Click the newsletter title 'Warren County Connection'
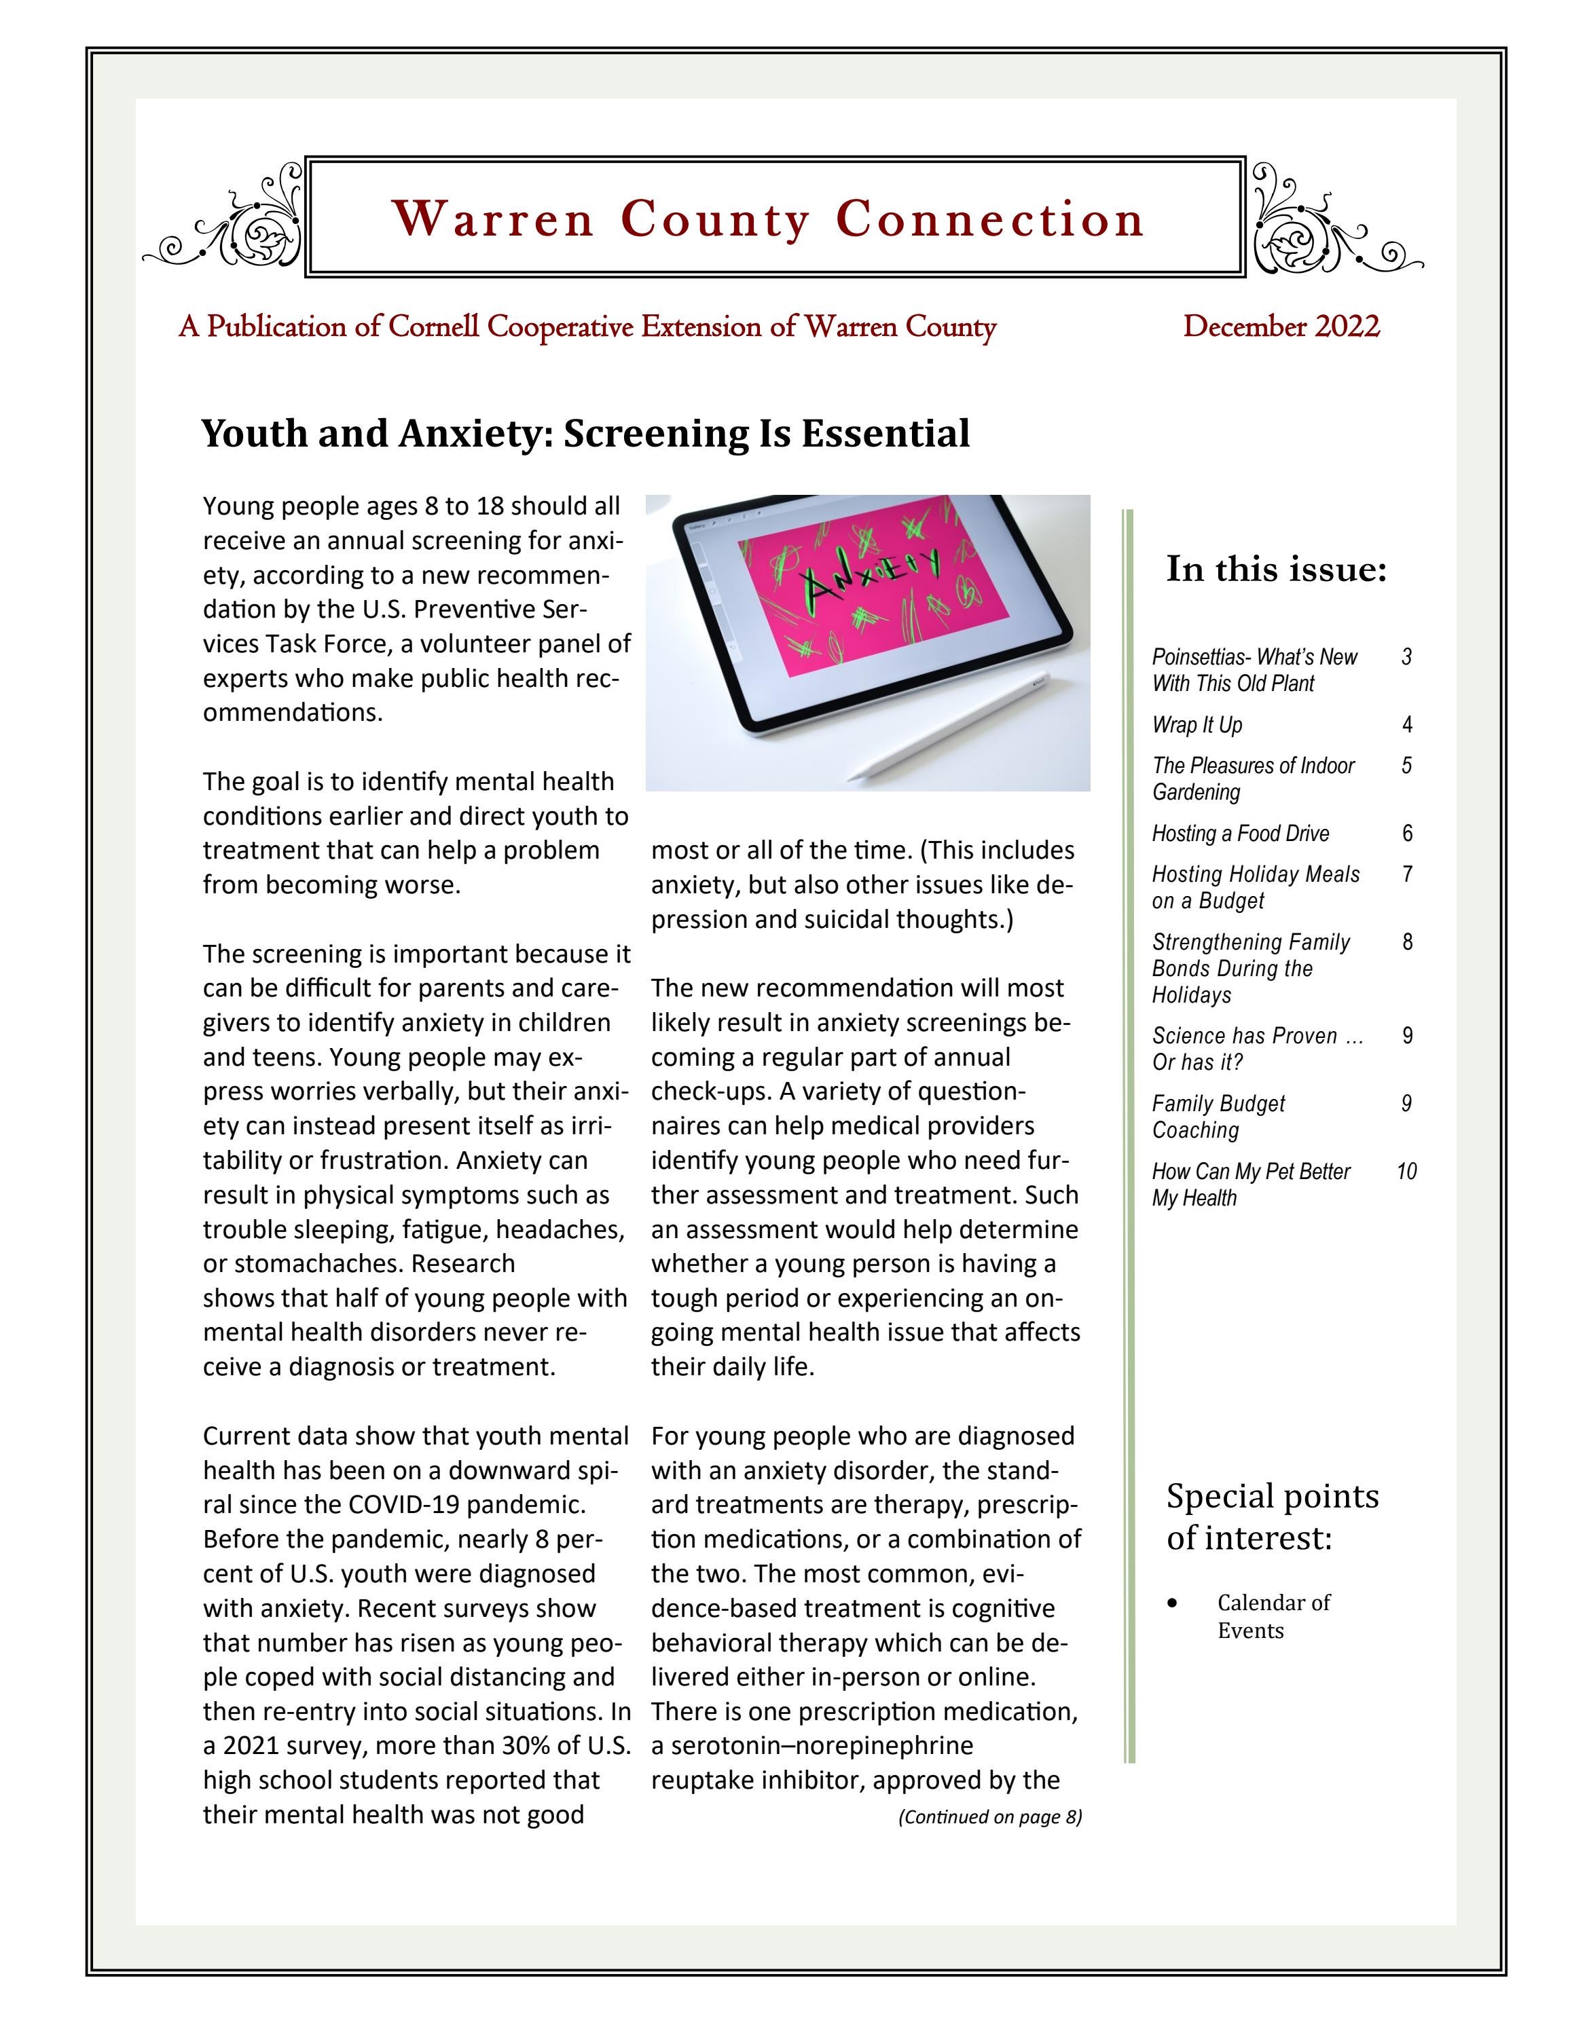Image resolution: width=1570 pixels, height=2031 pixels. [767, 219]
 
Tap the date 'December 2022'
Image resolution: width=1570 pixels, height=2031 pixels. [1281, 327]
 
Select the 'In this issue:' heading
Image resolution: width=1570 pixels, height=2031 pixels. [1276, 568]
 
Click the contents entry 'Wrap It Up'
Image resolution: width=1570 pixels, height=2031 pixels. [1196, 724]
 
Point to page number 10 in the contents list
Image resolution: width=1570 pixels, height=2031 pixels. [1406, 1172]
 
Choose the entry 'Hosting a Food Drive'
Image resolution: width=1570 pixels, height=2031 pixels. [1240, 833]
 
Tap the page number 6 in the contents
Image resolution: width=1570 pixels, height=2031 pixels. [1406, 833]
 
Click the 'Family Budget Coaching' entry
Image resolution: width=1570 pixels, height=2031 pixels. [1218, 1117]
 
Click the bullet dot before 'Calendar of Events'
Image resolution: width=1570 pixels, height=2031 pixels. [1173, 1603]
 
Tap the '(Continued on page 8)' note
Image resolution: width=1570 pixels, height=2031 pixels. [989, 1816]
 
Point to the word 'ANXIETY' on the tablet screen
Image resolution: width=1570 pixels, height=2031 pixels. [870, 575]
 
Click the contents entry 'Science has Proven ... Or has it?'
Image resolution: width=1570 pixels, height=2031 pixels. [1256, 1049]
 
